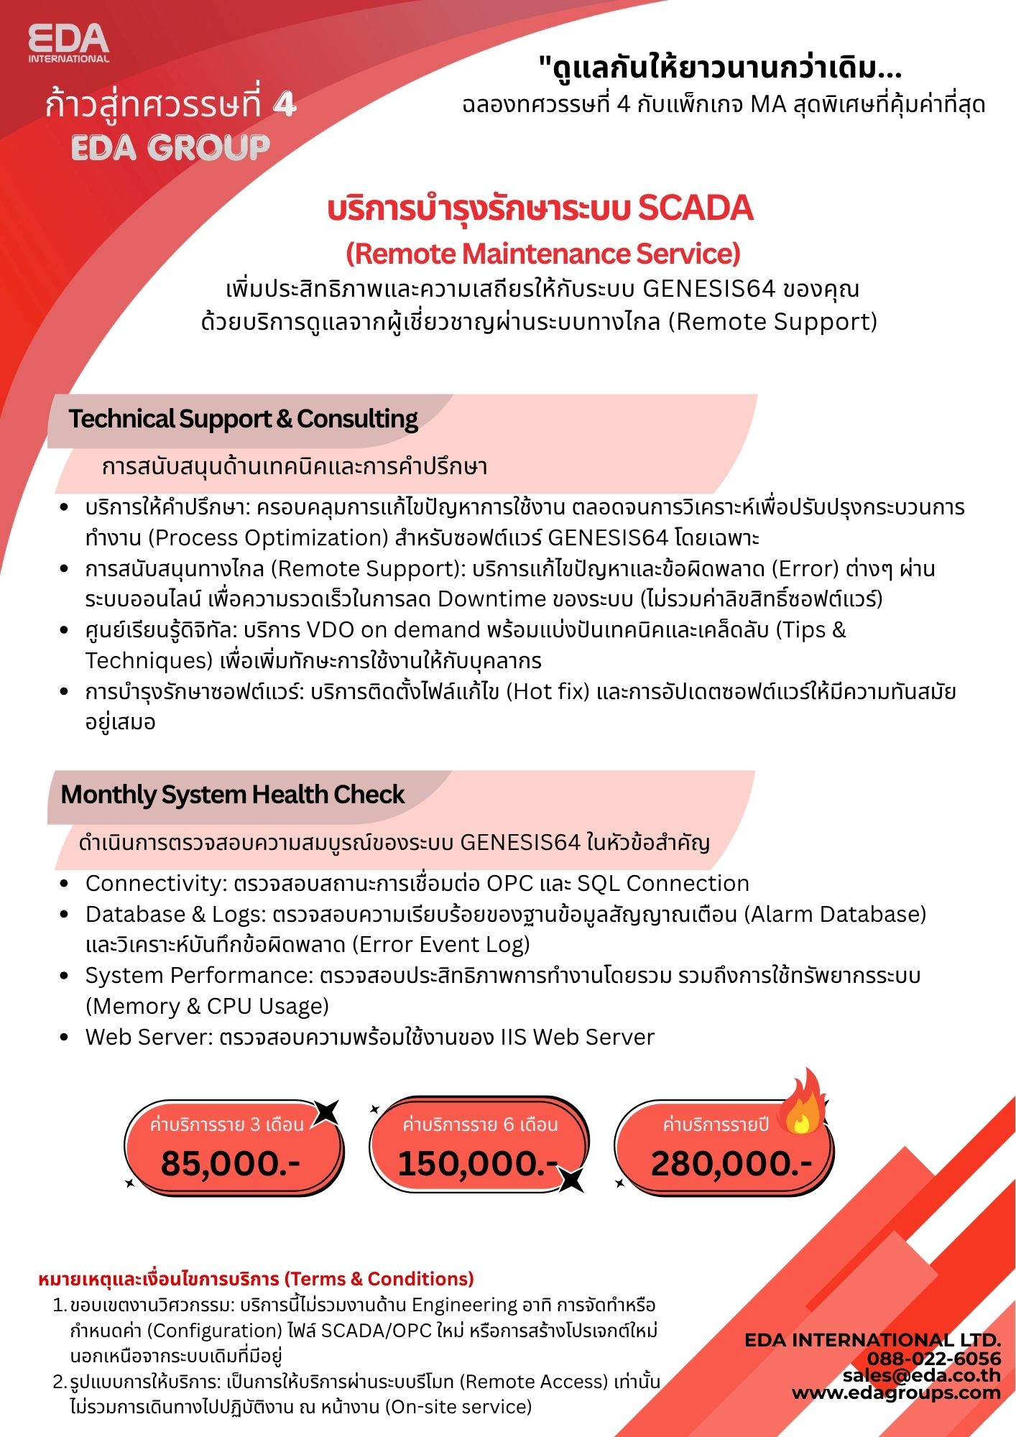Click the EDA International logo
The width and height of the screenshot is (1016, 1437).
click(x=69, y=43)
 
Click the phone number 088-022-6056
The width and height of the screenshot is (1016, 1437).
click(x=933, y=1358)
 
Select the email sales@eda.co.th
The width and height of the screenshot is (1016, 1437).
click(x=922, y=1375)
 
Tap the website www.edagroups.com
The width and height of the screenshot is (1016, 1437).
click(x=896, y=1392)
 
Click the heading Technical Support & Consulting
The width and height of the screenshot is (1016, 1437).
click(x=243, y=419)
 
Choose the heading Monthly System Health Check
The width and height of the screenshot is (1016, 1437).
click(x=233, y=795)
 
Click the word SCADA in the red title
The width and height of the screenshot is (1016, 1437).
click(x=696, y=208)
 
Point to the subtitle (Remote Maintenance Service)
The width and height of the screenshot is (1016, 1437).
click(x=543, y=254)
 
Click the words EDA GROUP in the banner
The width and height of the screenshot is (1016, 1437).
click(x=171, y=147)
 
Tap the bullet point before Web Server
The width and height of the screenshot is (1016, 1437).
click(x=65, y=1038)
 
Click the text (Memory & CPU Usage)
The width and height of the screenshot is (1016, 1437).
click(x=207, y=1007)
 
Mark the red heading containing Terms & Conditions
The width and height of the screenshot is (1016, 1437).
click(x=256, y=1279)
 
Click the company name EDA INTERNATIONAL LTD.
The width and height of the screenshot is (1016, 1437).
click(x=872, y=1340)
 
